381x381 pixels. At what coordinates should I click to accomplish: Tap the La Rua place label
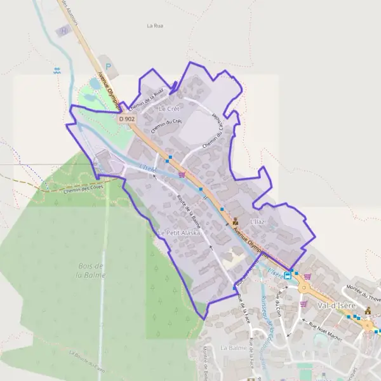click(x=155, y=26)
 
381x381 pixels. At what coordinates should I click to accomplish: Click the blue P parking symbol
click(x=108, y=65)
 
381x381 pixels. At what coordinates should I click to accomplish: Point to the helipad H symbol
click(x=63, y=30)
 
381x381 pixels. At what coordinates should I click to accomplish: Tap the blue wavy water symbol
click(x=58, y=71)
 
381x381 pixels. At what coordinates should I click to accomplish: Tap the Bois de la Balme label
click(x=90, y=270)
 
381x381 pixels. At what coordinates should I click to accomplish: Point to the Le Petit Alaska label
click(x=179, y=233)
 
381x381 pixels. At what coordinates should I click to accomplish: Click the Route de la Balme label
click(x=188, y=211)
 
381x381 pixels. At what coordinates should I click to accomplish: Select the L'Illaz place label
click(x=257, y=221)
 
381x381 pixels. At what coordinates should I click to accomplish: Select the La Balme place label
click(x=233, y=349)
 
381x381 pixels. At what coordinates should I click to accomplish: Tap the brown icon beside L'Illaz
click(x=236, y=222)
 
